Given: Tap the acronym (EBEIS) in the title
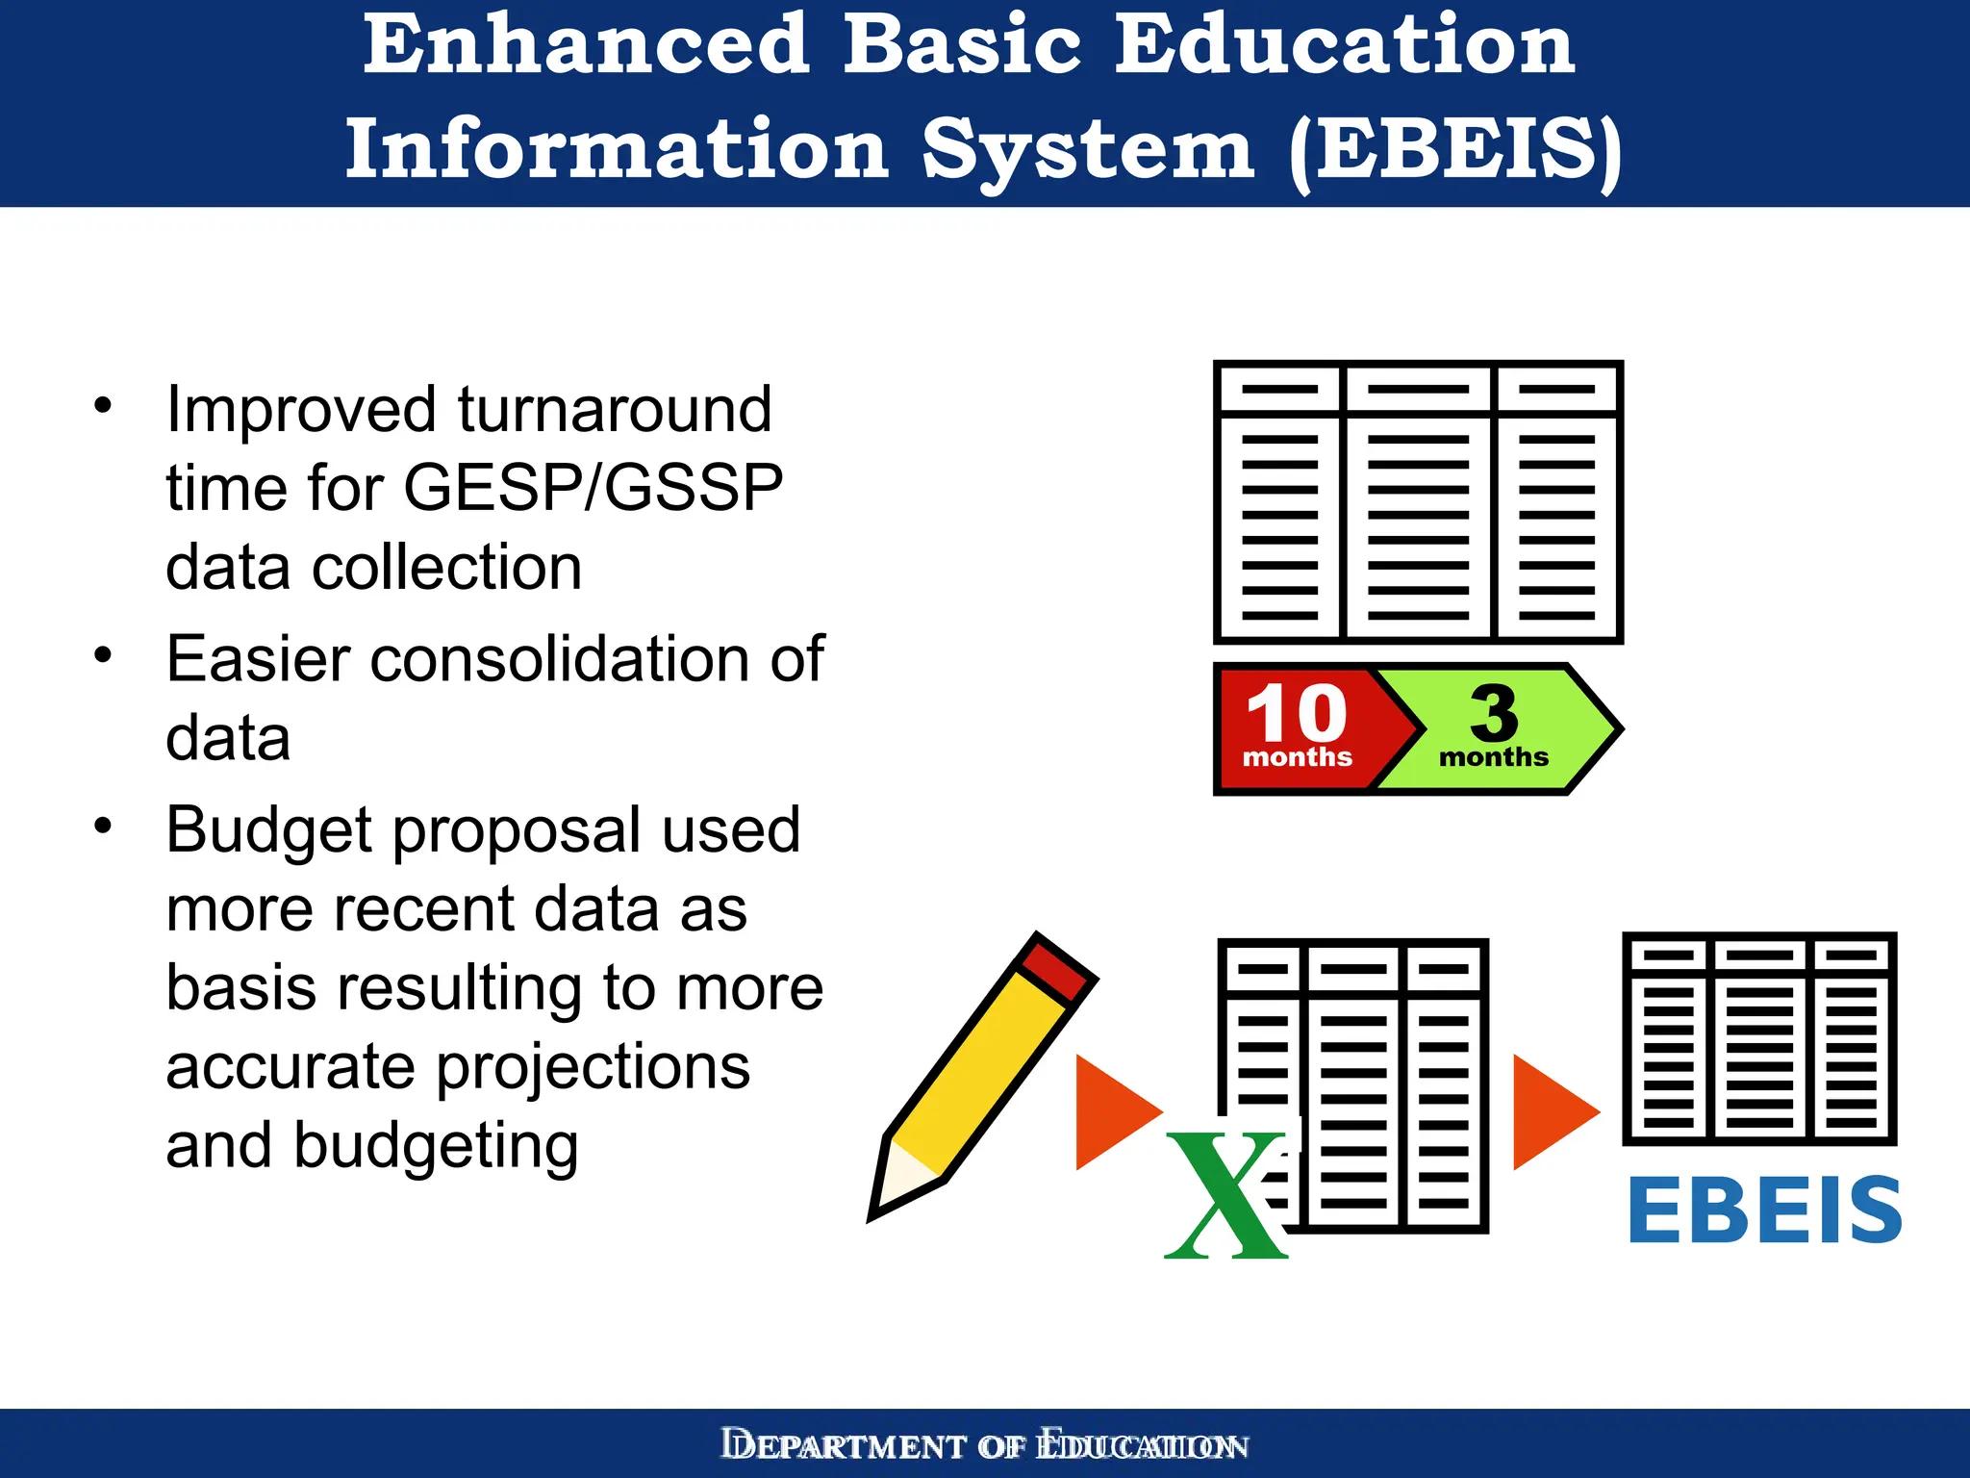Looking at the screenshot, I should click(x=1454, y=150).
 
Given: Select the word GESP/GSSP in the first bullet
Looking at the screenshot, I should click(x=594, y=488).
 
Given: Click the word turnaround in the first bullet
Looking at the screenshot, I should click(x=614, y=409).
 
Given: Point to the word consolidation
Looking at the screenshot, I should click(x=556, y=659).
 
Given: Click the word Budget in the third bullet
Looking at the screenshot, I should click(x=269, y=830).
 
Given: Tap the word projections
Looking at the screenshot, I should click(x=592, y=1067).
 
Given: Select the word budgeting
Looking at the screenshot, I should click(x=435, y=1146).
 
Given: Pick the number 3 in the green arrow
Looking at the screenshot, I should click(x=1494, y=712).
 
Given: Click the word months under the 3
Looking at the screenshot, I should click(x=1493, y=757).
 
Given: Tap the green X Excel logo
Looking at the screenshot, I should click(x=1225, y=1196).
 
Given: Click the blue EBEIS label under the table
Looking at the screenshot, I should click(x=1764, y=1210).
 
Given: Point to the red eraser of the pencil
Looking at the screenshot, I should click(x=1055, y=968).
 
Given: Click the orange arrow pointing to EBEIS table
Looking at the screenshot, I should click(x=1553, y=1111).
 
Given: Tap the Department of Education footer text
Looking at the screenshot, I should click(x=984, y=1445).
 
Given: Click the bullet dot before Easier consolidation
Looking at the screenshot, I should click(x=104, y=656).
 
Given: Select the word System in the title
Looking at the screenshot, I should click(x=1088, y=150).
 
